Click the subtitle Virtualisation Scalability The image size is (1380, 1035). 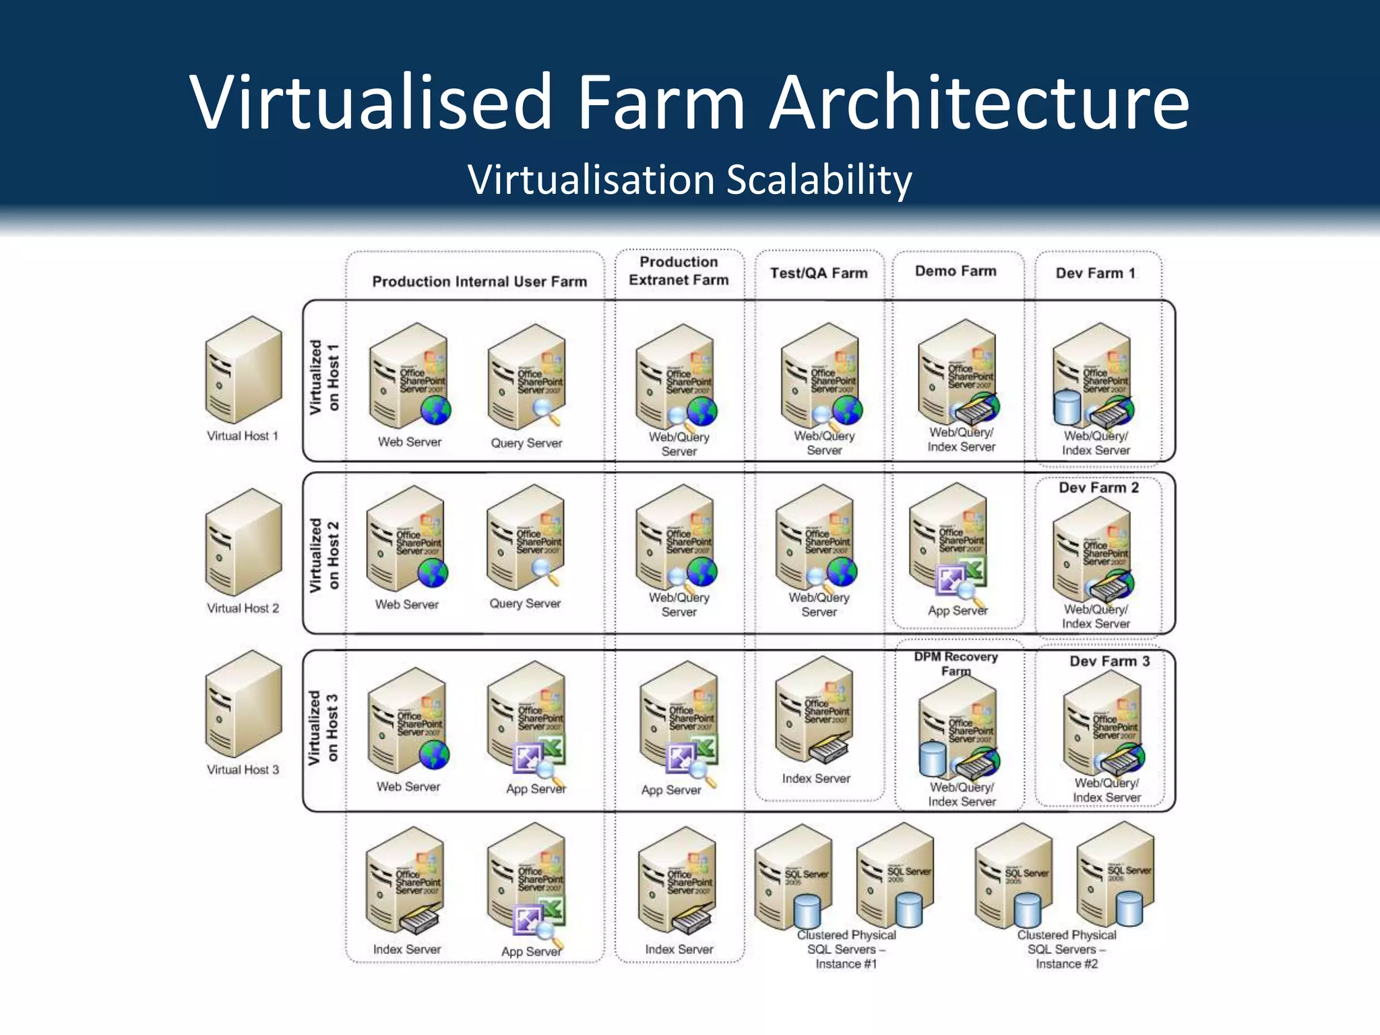pyautogui.click(x=690, y=181)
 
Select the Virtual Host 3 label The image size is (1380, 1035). pyautogui.click(x=243, y=770)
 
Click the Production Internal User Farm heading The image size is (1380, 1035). pyautogui.click(x=479, y=282)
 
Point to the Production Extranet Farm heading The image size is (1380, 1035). pyautogui.click(x=679, y=271)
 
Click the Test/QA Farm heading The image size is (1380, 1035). pyautogui.click(x=819, y=273)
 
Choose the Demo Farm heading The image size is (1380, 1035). pyautogui.click(x=955, y=271)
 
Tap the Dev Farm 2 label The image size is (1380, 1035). pyautogui.click(x=1098, y=488)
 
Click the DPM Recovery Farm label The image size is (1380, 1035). pyautogui.click(x=955, y=664)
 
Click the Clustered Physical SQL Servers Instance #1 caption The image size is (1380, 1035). pyautogui.click(x=846, y=949)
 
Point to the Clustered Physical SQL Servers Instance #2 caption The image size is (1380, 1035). pyautogui.click(x=1066, y=949)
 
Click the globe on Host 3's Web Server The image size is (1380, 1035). pyautogui.click(x=434, y=754)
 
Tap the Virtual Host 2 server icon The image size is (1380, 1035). pyautogui.click(x=243, y=542)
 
